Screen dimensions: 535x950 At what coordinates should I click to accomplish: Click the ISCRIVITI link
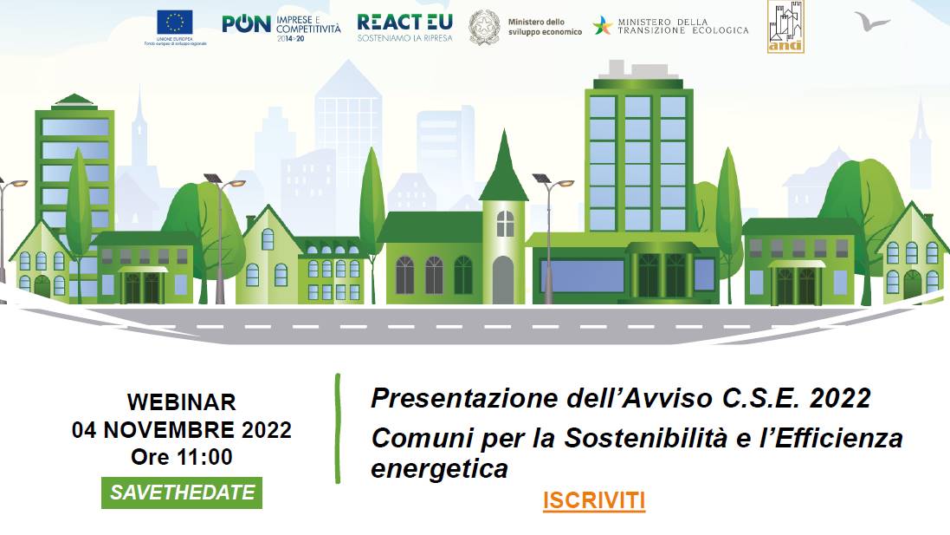click(594, 501)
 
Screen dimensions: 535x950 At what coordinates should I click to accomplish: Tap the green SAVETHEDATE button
click(182, 493)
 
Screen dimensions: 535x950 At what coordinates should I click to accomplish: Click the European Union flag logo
click(175, 22)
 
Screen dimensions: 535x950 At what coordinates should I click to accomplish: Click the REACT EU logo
click(404, 26)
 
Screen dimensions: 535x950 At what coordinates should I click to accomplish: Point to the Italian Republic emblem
click(484, 27)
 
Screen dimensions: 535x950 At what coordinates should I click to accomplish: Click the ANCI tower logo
click(785, 26)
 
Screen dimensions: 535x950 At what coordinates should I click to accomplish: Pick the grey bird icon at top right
click(871, 20)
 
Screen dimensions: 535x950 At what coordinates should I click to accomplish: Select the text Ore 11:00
click(182, 456)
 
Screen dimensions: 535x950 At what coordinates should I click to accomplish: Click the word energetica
click(439, 469)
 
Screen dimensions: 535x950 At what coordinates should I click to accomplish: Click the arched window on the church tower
click(504, 224)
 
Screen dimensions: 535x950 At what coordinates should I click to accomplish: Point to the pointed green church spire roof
click(503, 169)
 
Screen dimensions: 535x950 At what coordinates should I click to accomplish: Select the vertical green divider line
click(338, 428)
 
